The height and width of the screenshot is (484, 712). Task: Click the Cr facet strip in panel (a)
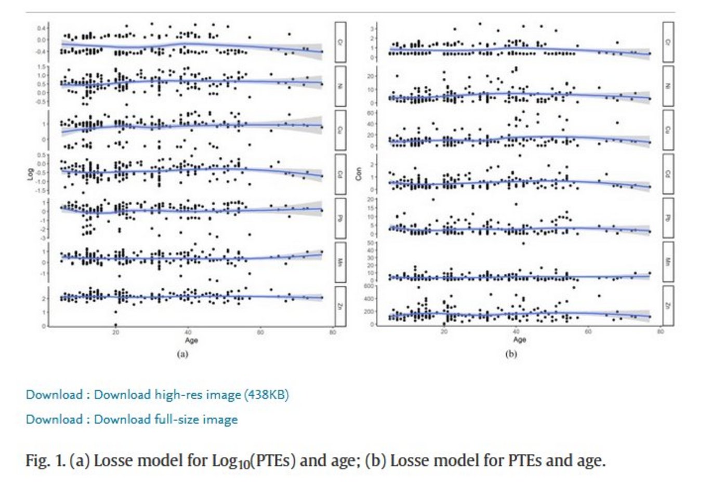[x=340, y=42]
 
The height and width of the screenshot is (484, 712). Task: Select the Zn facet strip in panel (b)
[x=668, y=306]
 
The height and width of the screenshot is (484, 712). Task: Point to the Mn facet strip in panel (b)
[x=668, y=262]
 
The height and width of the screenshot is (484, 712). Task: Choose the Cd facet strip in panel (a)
[x=340, y=174]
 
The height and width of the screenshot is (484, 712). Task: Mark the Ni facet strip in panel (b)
[x=668, y=86]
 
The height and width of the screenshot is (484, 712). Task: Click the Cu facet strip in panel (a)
[x=340, y=130]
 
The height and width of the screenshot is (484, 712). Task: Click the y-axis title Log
[x=30, y=174]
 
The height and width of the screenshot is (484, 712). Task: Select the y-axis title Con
[x=358, y=174]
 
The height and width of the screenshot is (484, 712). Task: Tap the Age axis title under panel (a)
[x=191, y=340]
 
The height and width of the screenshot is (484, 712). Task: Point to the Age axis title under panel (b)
[x=519, y=340]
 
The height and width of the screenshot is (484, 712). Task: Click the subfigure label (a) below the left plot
[x=182, y=354]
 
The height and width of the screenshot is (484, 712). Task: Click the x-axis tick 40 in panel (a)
[x=188, y=332]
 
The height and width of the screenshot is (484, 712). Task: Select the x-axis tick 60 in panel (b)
[x=588, y=332]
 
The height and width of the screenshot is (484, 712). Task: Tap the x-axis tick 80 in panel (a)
[x=333, y=332]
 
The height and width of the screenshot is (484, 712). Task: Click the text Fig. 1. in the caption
[x=45, y=460]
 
